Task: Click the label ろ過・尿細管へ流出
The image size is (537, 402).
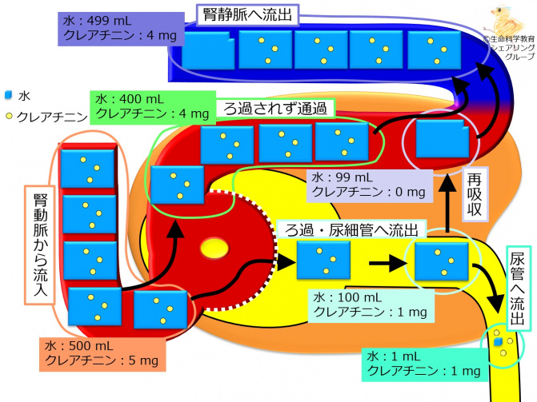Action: [352, 230]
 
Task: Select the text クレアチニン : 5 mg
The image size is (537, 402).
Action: [104, 361]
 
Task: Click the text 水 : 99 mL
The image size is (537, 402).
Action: [343, 177]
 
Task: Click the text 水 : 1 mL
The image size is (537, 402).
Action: [391, 356]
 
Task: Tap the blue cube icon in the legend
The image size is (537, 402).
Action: [7, 95]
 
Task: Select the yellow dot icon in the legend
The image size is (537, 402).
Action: [7, 117]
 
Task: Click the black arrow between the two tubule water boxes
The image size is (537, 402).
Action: [382, 259]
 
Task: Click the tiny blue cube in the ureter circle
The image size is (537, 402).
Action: [499, 342]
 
